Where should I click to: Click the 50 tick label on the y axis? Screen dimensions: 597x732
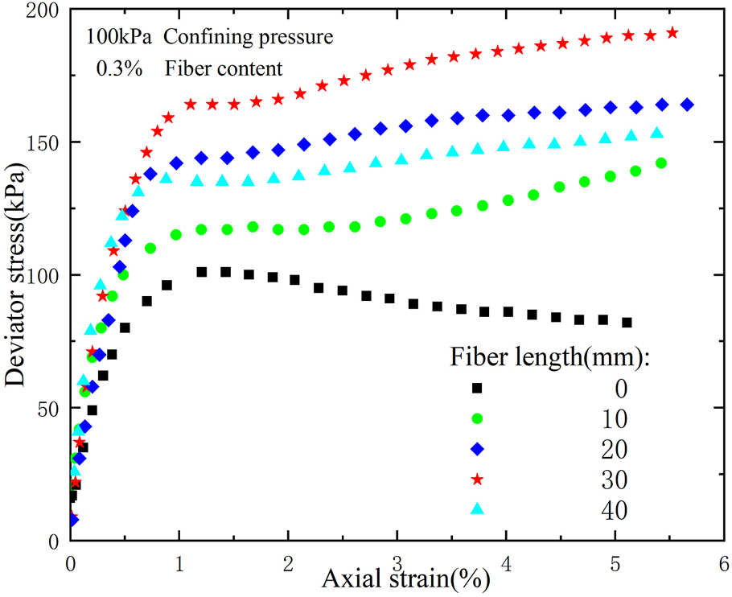pyautogui.click(x=46, y=408)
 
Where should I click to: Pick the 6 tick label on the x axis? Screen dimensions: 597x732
pyautogui.click(x=724, y=561)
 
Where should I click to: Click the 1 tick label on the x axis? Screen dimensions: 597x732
pyautogui.click(x=179, y=561)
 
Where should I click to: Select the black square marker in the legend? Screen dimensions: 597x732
pyautogui.click(x=477, y=388)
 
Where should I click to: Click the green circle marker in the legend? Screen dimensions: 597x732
pyautogui.click(x=477, y=418)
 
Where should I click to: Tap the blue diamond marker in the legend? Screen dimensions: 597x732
pyautogui.click(x=477, y=448)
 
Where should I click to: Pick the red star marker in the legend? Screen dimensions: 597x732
pyautogui.click(x=477, y=479)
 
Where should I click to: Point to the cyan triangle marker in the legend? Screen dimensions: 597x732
pyautogui.click(x=477, y=508)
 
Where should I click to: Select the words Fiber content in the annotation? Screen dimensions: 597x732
pyautogui.click(x=224, y=68)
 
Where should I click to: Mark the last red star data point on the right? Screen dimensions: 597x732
pyautogui.click(x=672, y=33)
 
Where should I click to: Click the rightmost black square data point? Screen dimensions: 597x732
pyautogui.click(x=627, y=323)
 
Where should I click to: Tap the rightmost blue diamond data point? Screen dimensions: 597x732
pyautogui.click(x=687, y=105)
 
